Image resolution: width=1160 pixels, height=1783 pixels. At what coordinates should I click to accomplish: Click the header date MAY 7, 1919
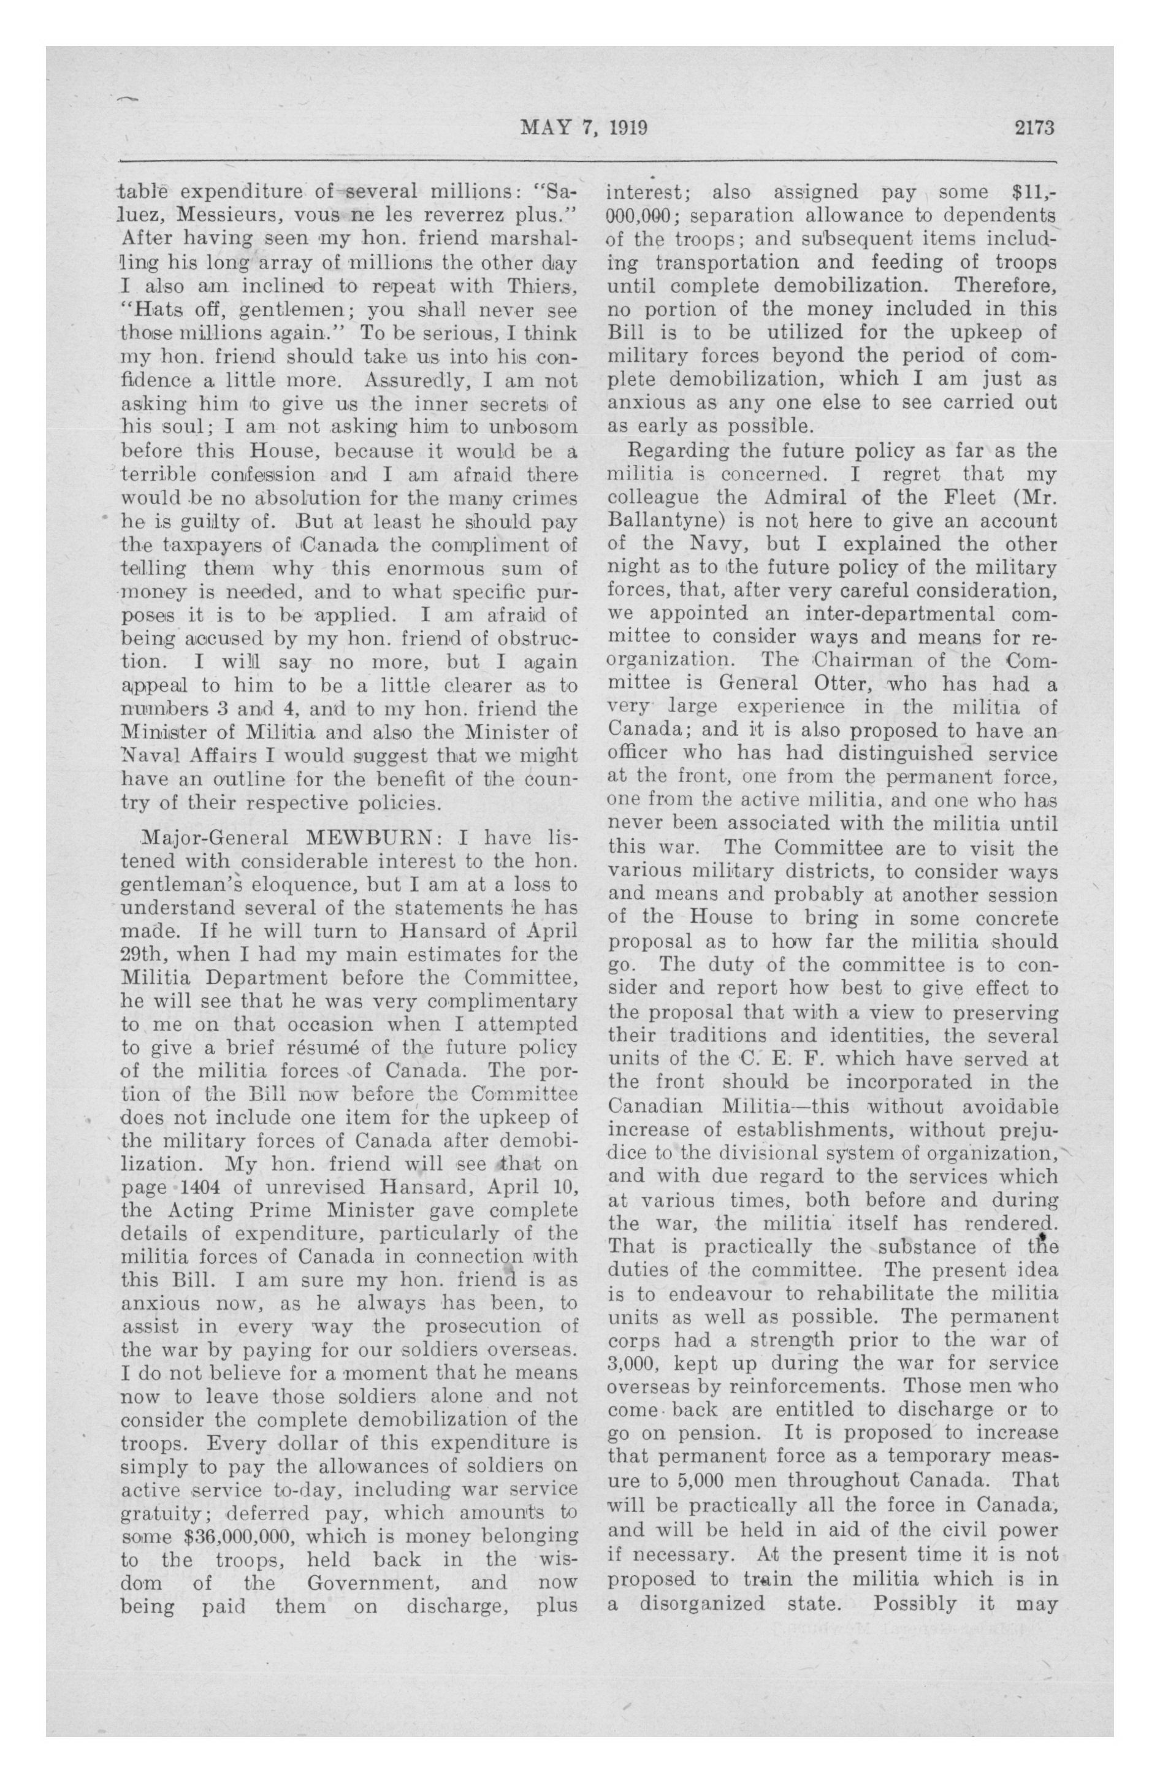pos(584,128)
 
